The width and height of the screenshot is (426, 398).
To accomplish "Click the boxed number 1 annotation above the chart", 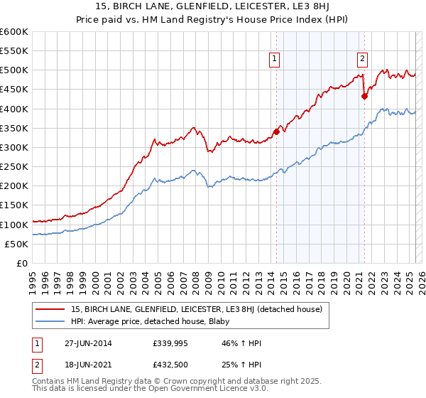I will click(x=274, y=60).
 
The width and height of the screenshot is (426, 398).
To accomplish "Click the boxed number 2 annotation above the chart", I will click(x=362, y=60).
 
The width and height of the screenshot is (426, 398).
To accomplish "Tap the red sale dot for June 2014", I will click(x=276, y=131).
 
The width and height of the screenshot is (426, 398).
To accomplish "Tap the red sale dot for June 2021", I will click(x=364, y=96).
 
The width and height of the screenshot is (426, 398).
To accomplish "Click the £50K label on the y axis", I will click(x=16, y=244).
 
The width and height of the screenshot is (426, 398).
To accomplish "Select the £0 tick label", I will click(x=23, y=263).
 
